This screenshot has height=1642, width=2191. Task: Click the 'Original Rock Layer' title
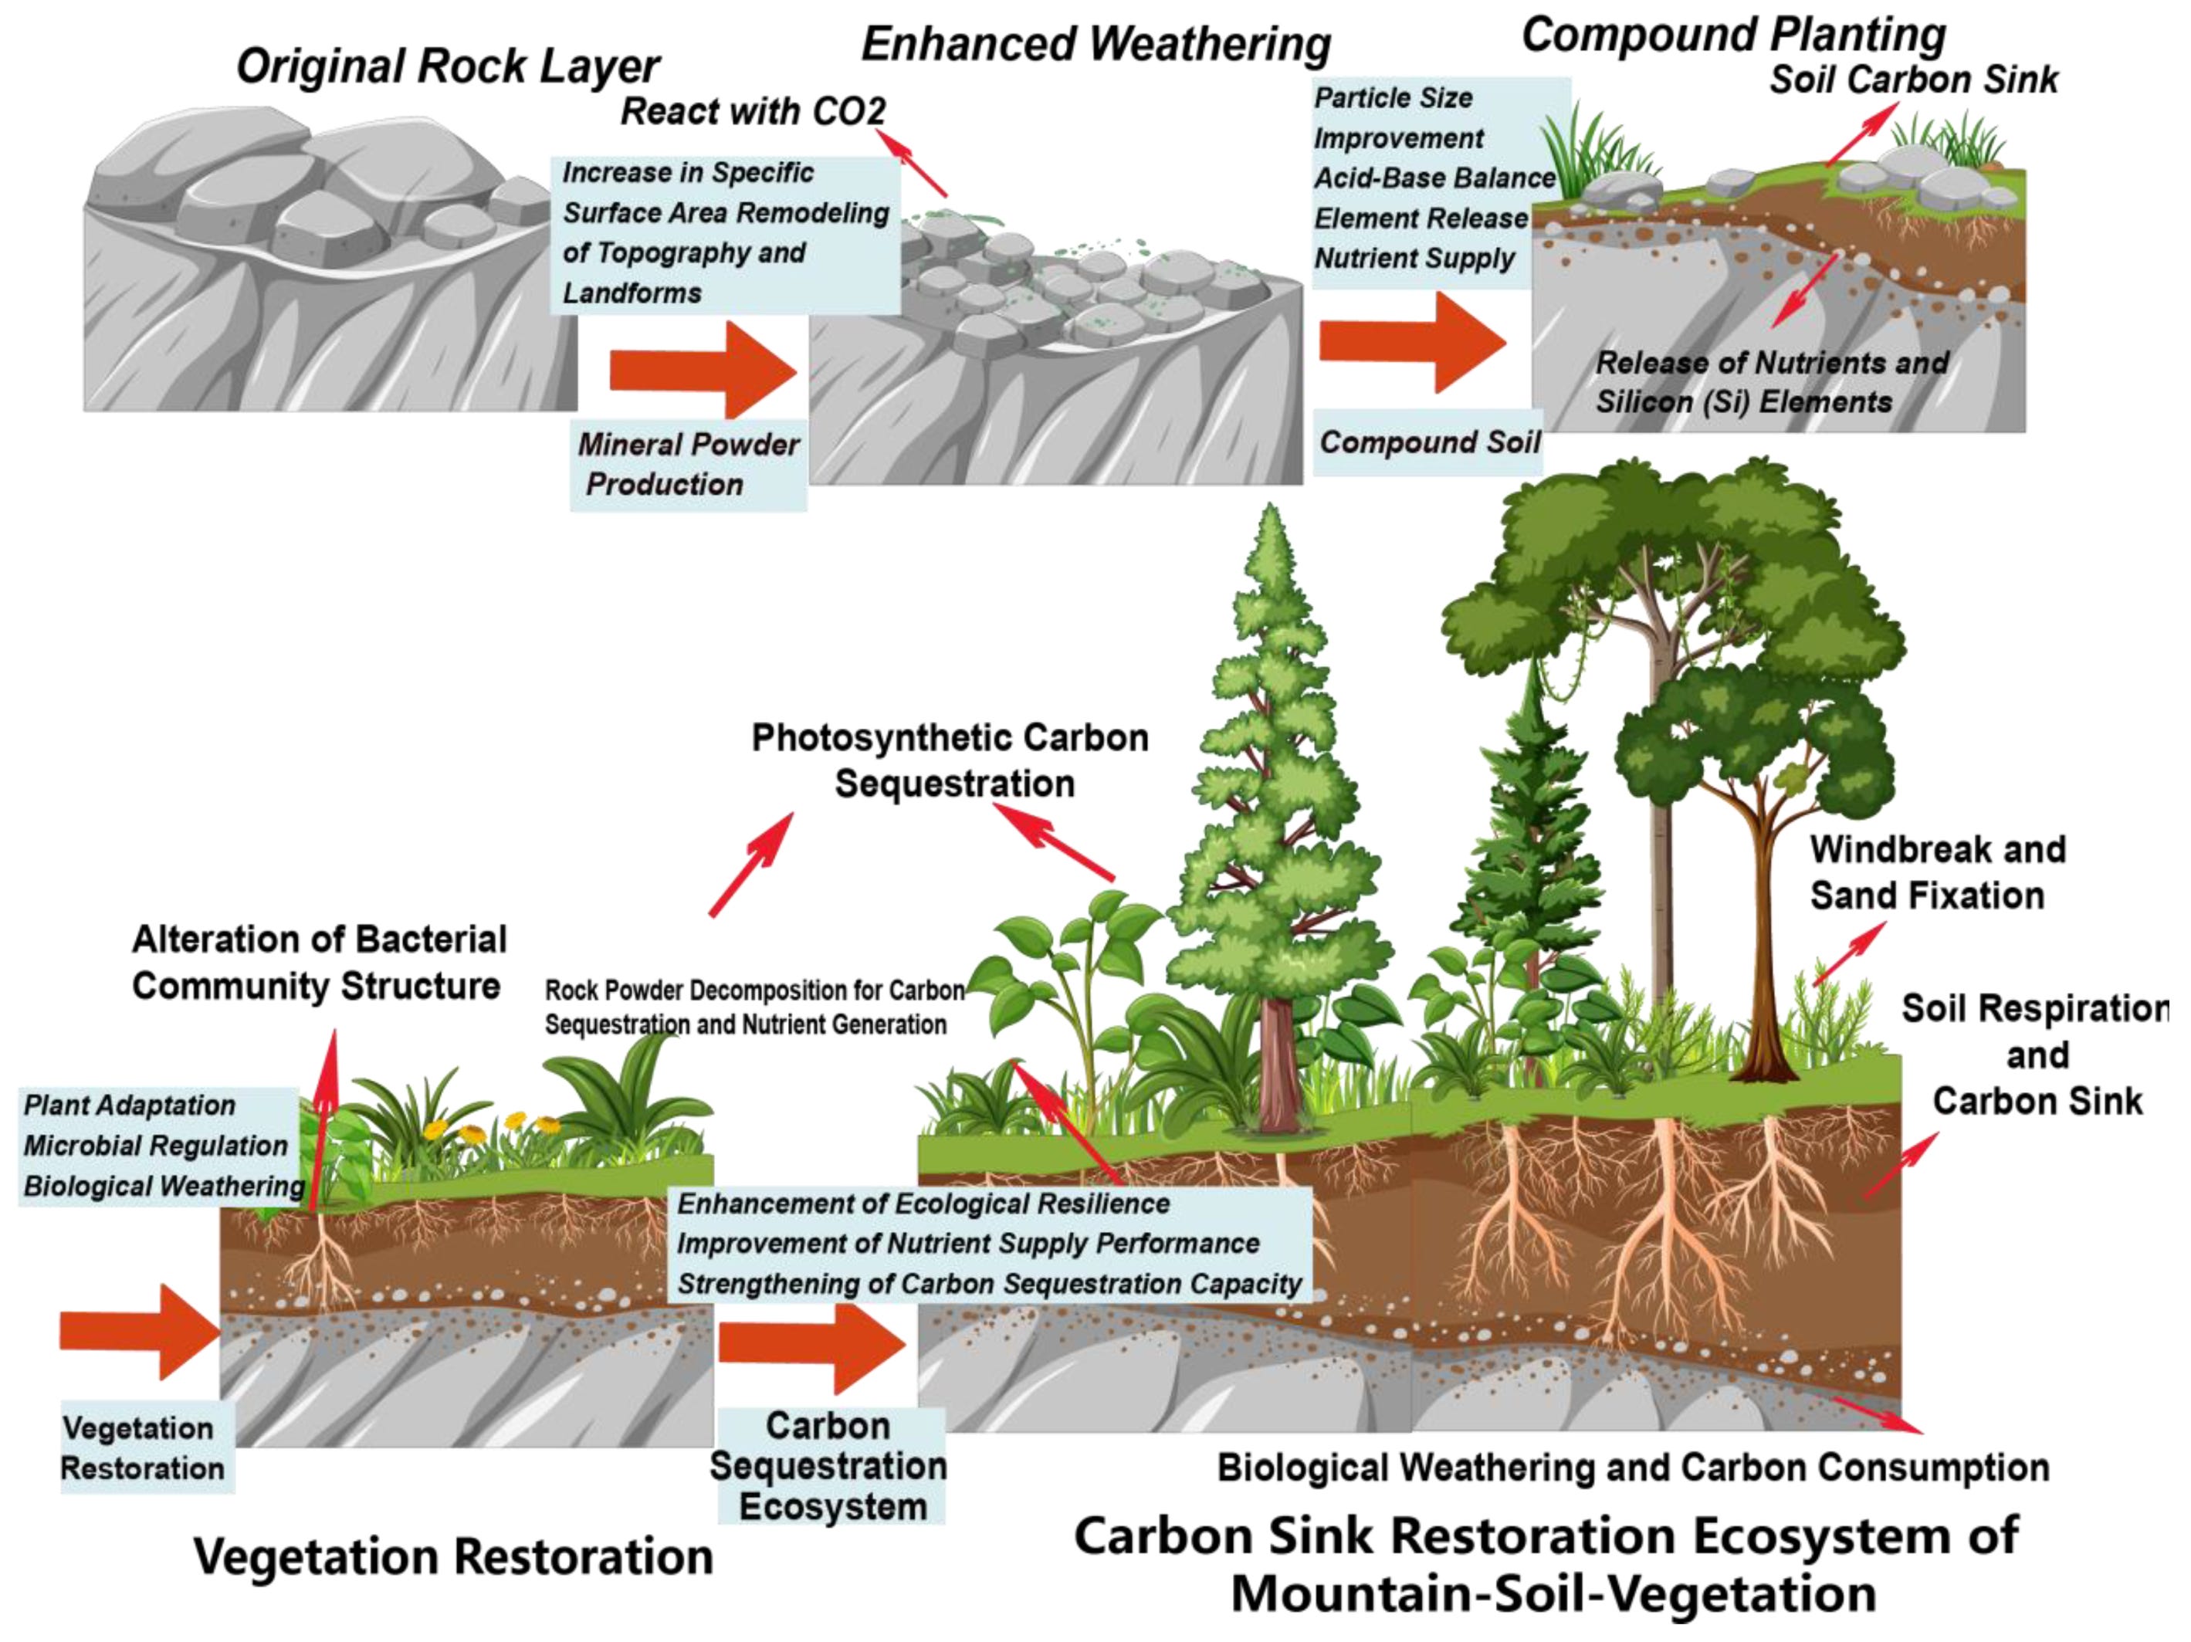448,66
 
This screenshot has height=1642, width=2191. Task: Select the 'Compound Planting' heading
1733,35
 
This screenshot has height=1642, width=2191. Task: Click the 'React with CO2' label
753,111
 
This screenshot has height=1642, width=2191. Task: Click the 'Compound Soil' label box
1429,442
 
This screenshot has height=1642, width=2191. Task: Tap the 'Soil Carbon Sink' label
1914,80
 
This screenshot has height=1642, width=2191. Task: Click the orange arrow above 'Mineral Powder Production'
704,370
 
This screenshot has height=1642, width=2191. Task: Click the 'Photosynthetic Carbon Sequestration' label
951,760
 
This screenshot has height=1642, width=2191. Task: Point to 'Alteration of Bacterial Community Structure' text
319,962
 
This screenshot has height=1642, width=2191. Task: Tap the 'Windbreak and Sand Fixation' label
1938,872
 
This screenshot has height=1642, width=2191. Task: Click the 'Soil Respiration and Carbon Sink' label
2037,1055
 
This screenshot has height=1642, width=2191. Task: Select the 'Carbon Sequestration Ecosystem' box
829,1466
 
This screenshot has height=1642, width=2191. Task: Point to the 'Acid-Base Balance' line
1435,178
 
